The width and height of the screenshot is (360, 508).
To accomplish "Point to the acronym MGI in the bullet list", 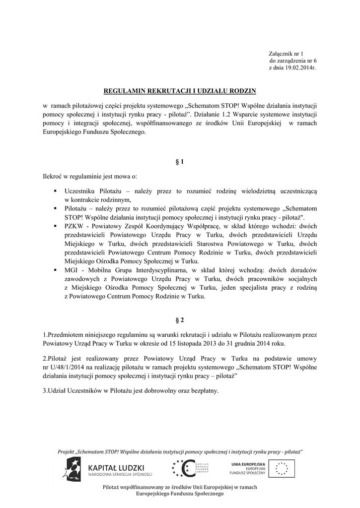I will (x=71, y=270).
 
